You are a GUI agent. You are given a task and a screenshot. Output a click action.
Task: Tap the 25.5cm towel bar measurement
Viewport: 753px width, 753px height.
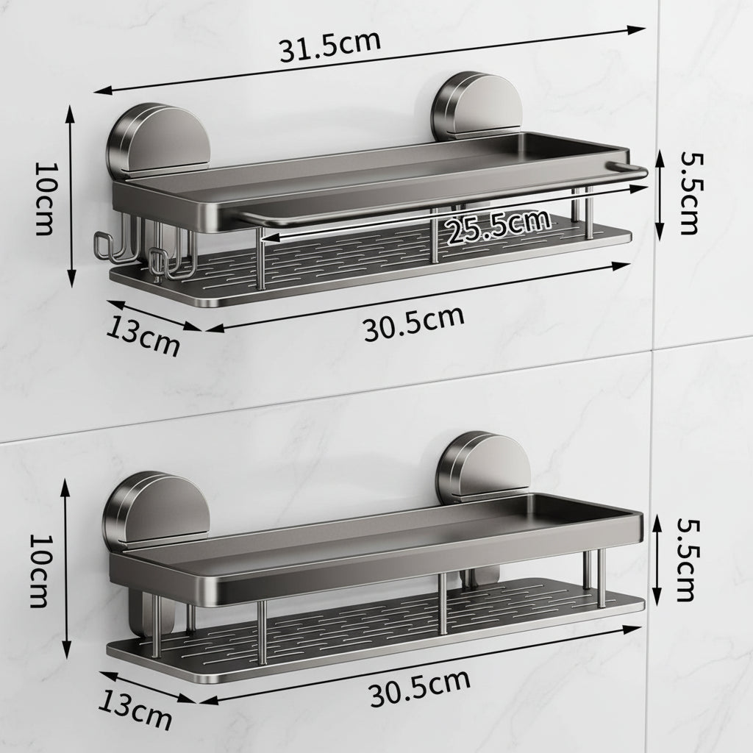(x=499, y=226)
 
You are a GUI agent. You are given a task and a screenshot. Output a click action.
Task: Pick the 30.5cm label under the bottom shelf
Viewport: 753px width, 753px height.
(x=419, y=688)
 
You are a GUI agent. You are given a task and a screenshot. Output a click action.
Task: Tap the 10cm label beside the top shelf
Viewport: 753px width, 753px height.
(x=43, y=197)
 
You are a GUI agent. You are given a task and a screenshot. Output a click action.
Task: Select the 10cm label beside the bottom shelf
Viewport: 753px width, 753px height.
(x=39, y=570)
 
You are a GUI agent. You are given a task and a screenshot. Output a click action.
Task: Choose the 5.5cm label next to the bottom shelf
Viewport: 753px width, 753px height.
(x=684, y=559)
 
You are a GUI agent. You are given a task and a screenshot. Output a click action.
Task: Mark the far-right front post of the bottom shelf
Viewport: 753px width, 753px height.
(x=600, y=581)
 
